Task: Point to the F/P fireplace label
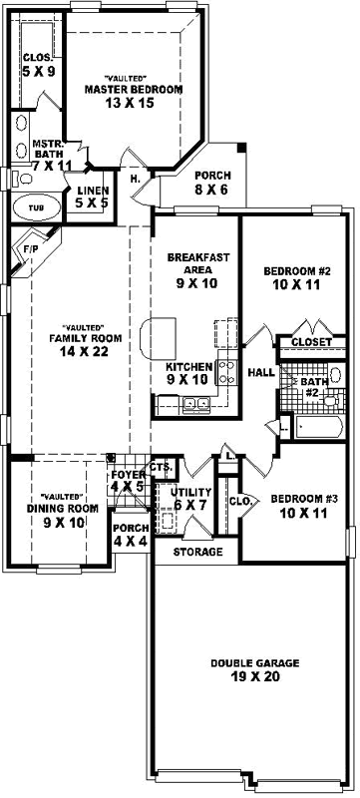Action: pyautogui.click(x=31, y=249)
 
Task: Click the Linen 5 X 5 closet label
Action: pyautogui.click(x=85, y=196)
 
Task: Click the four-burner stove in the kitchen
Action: pyautogui.click(x=226, y=374)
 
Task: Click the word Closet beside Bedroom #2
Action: pyautogui.click(x=311, y=342)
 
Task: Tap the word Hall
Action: pyautogui.click(x=261, y=372)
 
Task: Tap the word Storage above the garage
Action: pyautogui.click(x=195, y=552)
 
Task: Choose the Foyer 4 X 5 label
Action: pyautogui.click(x=128, y=480)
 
